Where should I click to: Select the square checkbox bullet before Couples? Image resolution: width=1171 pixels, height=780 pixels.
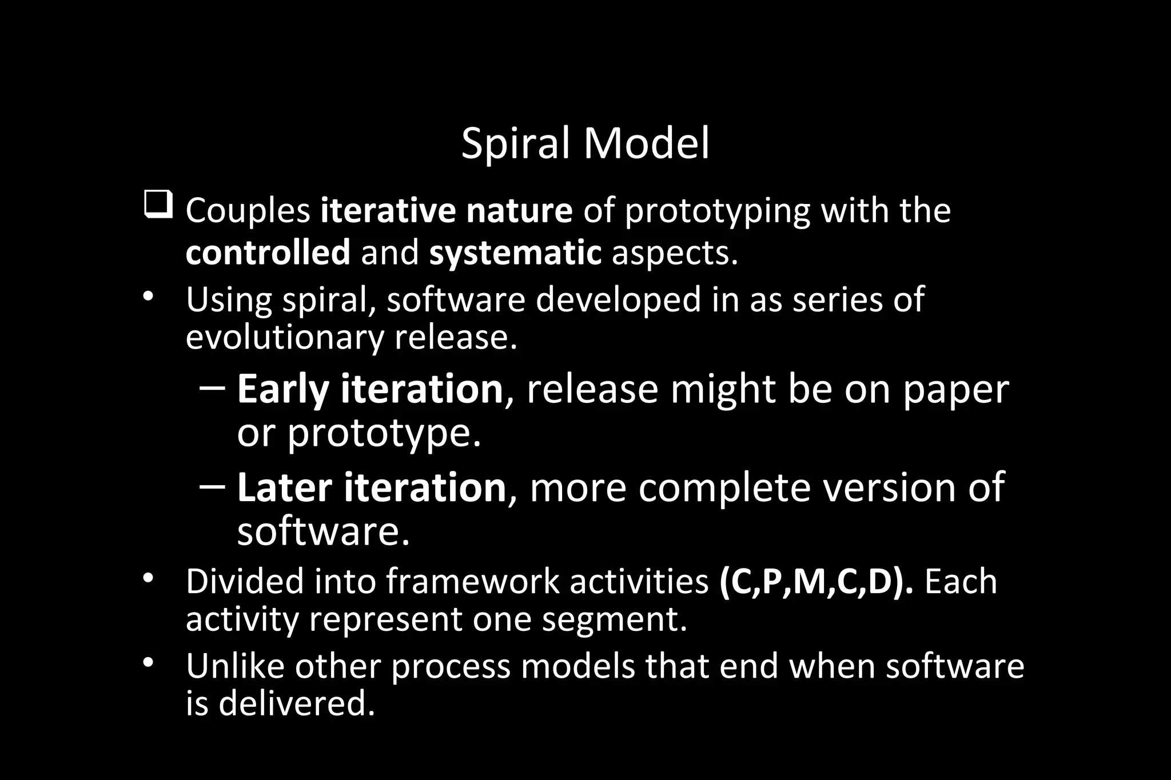(158, 206)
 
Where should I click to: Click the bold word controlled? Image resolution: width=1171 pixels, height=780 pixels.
(268, 253)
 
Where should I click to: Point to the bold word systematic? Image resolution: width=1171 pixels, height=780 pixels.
(515, 253)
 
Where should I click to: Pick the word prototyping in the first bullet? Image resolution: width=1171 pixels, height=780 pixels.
(717, 211)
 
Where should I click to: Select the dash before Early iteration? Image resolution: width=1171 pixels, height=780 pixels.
(213, 388)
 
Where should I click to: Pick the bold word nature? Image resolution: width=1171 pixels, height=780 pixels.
(519, 210)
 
